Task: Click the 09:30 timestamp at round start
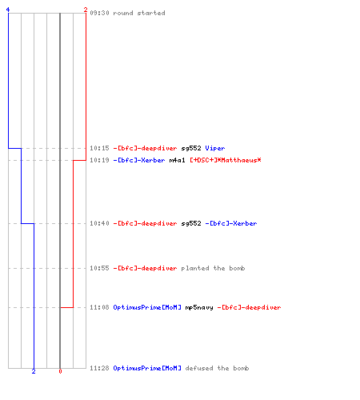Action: pyautogui.click(x=99, y=13)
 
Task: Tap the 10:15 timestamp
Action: pyautogui.click(x=99, y=148)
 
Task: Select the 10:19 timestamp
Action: pyautogui.click(x=99, y=160)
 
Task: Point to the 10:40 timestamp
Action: pyautogui.click(x=99, y=223)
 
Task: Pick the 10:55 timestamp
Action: pyautogui.click(x=99, y=268)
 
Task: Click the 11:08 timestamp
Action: pyautogui.click(x=99, y=307)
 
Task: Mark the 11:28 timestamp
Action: pyautogui.click(x=99, y=368)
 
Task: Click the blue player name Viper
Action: pyautogui.click(x=215, y=148)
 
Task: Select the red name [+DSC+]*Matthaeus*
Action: pyautogui.click(x=226, y=160)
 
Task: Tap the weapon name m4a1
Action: pyautogui.click(x=177, y=160)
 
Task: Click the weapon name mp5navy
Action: pyautogui.click(x=199, y=307)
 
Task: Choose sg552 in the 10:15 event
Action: pyautogui.click(x=191, y=148)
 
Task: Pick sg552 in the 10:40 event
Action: pyautogui.click(x=191, y=223)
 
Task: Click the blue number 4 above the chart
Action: pyautogui.click(x=8, y=10)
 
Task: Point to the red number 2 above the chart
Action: pyautogui.click(x=86, y=10)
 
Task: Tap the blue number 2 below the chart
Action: pyautogui.click(x=34, y=371)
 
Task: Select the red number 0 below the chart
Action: pyautogui.click(x=60, y=371)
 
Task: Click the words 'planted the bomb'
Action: pyautogui.click(x=213, y=268)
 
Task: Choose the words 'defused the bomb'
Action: pyautogui.click(x=217, y=368)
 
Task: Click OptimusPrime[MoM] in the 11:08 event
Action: pyautogui.click(x=147, y=307)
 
